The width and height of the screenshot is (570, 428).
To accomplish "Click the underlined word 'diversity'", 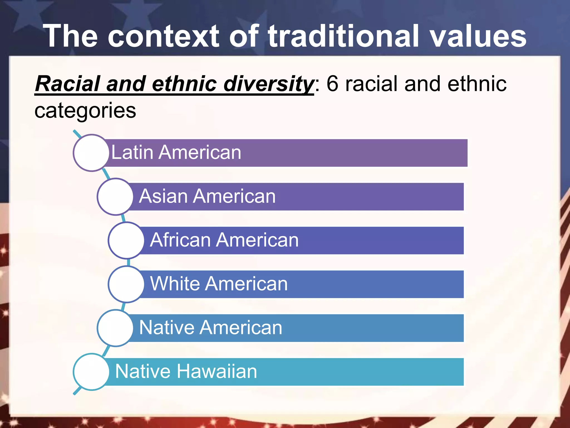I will coord(269,84).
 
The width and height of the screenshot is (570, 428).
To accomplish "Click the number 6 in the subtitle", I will coord(332,84).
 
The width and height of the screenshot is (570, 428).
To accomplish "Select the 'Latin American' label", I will coord(176,152).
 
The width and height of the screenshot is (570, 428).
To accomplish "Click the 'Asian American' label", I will coord(207,196).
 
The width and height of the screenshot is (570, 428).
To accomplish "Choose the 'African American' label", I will coord(224,240).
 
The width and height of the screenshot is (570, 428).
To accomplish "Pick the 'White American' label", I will coord(219,284).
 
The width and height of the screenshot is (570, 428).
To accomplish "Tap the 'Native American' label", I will coord(211,327).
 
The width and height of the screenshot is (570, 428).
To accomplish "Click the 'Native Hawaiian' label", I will coord(186,371).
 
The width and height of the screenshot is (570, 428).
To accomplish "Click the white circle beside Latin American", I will coord(91,153).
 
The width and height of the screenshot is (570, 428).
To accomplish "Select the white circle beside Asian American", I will coord(115,196).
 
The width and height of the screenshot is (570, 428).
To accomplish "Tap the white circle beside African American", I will coord(126,240).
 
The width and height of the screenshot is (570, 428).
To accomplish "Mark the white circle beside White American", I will coord(126,284).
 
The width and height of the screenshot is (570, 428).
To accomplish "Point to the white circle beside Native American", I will coord(115,328).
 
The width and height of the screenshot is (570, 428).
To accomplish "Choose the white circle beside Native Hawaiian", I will coord(91,371).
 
